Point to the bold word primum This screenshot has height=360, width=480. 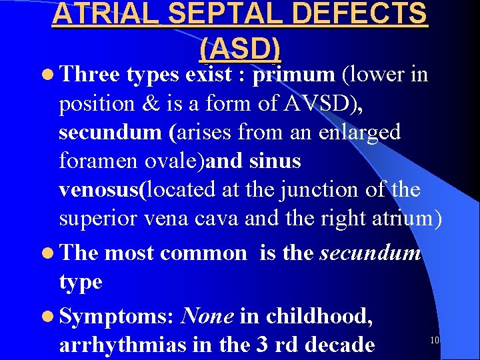pyautogui.click(x=295, y=75)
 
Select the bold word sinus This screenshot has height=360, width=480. pyautogui.click(x=273, y=161)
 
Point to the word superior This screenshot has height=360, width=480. pyautogui.click(x=101, y=218)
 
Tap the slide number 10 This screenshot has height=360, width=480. pyautogui.click(x=434, y=341)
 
